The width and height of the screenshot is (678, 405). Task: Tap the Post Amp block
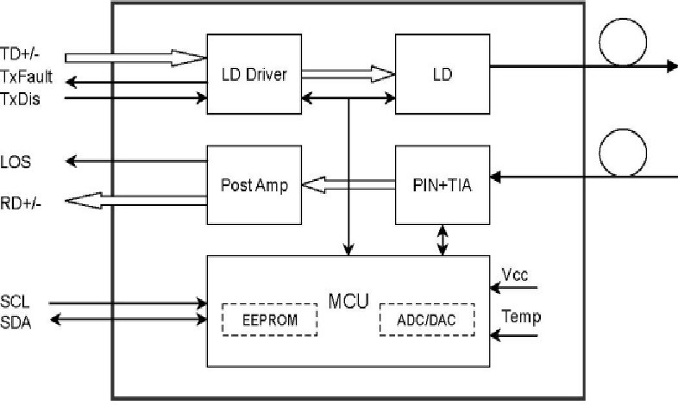[254, 184]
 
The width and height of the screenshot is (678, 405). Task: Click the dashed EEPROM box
[269, 319]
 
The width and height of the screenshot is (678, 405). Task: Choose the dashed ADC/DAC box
[427, 319]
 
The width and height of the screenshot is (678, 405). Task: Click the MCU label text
[349, 302]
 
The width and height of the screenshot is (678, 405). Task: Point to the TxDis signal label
[20, 98]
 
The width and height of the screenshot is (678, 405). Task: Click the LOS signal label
[16, 161]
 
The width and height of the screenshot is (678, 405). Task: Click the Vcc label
[521, 273]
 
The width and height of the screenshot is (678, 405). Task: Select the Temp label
[524, 317]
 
